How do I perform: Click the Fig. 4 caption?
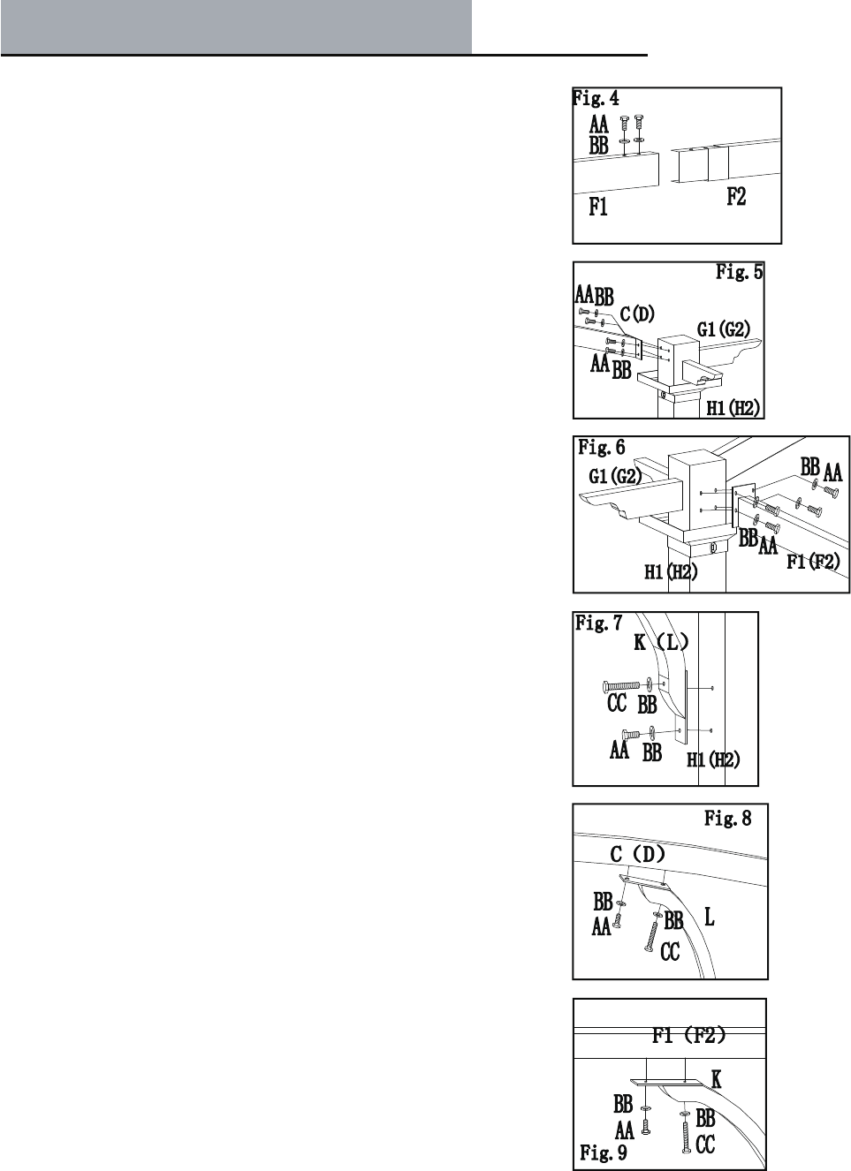point(596,98)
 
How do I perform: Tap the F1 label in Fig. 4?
point(598,208)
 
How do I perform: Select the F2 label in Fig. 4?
point(736,197)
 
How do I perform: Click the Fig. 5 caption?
point(739,272)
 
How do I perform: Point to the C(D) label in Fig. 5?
point(637,314)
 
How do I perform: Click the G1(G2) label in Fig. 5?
point(724,329)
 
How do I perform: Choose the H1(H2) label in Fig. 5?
point(734,408)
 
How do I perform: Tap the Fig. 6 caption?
point(602,448)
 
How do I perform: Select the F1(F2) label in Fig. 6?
point(813,561)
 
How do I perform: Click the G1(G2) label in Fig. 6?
point(616,477)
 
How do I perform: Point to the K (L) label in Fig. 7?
point(660,643)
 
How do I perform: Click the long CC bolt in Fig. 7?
point(623,686)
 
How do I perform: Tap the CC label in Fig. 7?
point(617,704)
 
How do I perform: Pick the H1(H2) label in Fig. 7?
point(713,759)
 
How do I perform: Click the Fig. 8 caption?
point(727,819)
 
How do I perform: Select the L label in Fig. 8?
point(709,918)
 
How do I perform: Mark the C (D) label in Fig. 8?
point(638,855)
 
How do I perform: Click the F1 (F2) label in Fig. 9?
point(689,1035)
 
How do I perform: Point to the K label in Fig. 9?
point(716,1079)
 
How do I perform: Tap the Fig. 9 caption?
point(604,1152)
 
